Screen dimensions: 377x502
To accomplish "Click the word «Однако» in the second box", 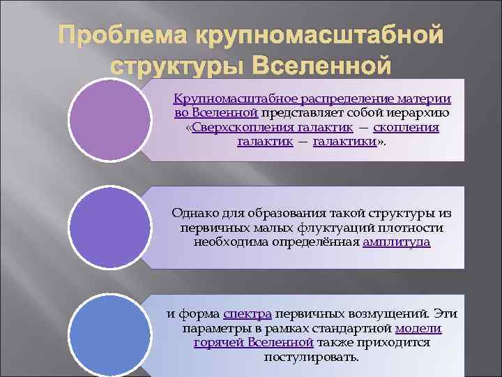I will click(192, 213).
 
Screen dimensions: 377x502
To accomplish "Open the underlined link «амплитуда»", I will click(396, 242).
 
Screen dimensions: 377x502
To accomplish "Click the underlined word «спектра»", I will click(248, 313).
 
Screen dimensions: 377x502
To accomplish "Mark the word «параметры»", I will click(213, 328).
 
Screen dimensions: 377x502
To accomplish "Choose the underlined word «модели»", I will click(418, 328).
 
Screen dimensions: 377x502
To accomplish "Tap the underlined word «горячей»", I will click(219, 342).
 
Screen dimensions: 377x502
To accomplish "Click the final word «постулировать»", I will click(312, 357).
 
